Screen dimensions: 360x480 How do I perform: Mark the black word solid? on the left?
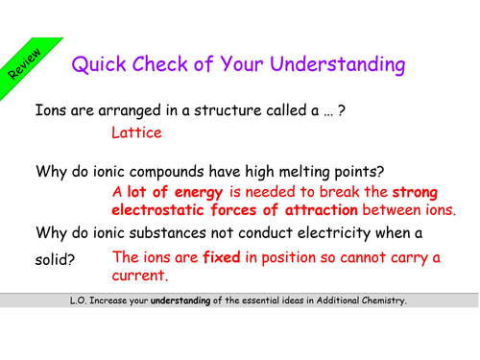(57, 260)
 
